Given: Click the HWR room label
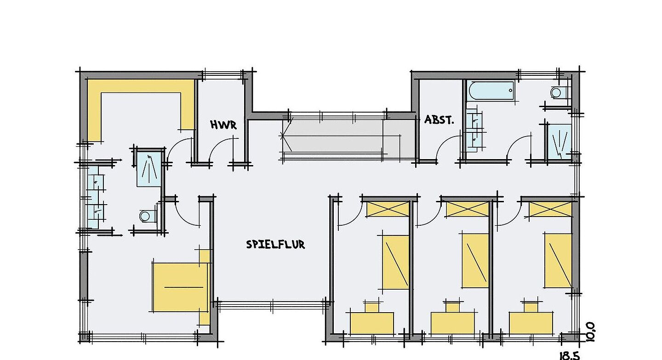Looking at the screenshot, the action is point(223,125).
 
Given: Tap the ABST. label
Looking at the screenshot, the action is point(439,120).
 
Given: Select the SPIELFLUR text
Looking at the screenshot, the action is point(275,245).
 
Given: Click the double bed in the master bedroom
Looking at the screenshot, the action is point(180,287).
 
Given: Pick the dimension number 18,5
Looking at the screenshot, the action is point(569,355).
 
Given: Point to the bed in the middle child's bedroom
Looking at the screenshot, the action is point(475,261).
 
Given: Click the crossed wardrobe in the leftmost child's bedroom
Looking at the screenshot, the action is point(388,209).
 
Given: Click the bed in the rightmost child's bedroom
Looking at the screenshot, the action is point(558,261).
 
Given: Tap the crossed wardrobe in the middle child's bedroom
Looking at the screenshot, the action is point(467,209).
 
